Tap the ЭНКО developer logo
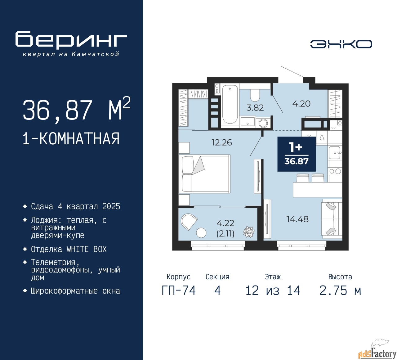pyautogui.click(x=341, y=44)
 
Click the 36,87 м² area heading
pyautogui.click(x=76, y=110)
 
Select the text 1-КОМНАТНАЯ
pyautogui.click(x=71, y=139)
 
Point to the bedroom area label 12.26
pyautogui.click(x=221, y=142)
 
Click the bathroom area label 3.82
pyautogui.click(x=255, y=108)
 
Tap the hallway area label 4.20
pyautogui.click(x=301, y=104)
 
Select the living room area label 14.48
pyautogui.click(x=297, y=219)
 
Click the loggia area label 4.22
pyautogui.click(x=225, y=223)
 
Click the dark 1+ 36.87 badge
pyautogui.click(x=297, y=154)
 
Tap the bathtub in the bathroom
pyautogui.click(x=230, y=104)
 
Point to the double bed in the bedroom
pyautogui.click(x=205, y=174)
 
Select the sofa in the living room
pyautogui.click(x=332, y=219)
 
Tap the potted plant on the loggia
pyautogui.click(x=248, y=232)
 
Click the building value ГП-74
pyautogui.click(x=179, y=290)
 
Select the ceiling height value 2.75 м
pyautogui.click(x=340, y=290)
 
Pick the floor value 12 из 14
pyautogui.click(x=273, y=290)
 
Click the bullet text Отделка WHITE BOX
pyautogui.click(x=69, y=249)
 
